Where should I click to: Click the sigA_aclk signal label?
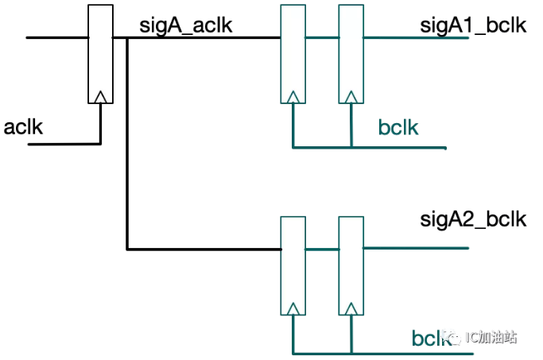tap(185, 26)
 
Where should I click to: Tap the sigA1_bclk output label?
tap(473, 26)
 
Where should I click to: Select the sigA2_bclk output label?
tap(473, 219)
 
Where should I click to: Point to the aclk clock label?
tap(23, 127)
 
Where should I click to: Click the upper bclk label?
tap(398, 127)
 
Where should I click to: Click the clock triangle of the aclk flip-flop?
tap(100, 97)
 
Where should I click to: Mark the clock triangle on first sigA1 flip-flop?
tap(293, 97)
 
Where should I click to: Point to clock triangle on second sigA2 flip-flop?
tap(351, 309)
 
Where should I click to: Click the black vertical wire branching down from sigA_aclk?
tap(127, 143)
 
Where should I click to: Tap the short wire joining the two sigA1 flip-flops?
tap(322, 37)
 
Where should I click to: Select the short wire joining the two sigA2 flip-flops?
tap(322, 249)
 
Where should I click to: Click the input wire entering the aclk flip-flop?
tap(57, 37)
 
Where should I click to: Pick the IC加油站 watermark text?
tap(491, 337)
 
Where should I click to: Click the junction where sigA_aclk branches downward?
tap(127, 37)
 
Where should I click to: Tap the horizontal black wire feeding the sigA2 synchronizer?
tap(204, 249)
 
